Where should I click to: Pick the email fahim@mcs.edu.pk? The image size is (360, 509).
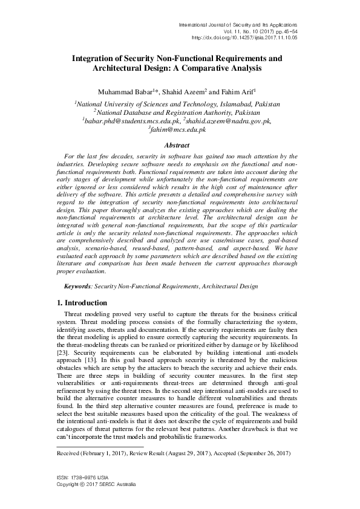tap(178, 130)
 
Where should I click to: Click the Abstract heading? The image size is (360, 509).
tap(179, 146)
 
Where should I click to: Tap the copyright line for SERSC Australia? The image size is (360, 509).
tap(96, 485)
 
